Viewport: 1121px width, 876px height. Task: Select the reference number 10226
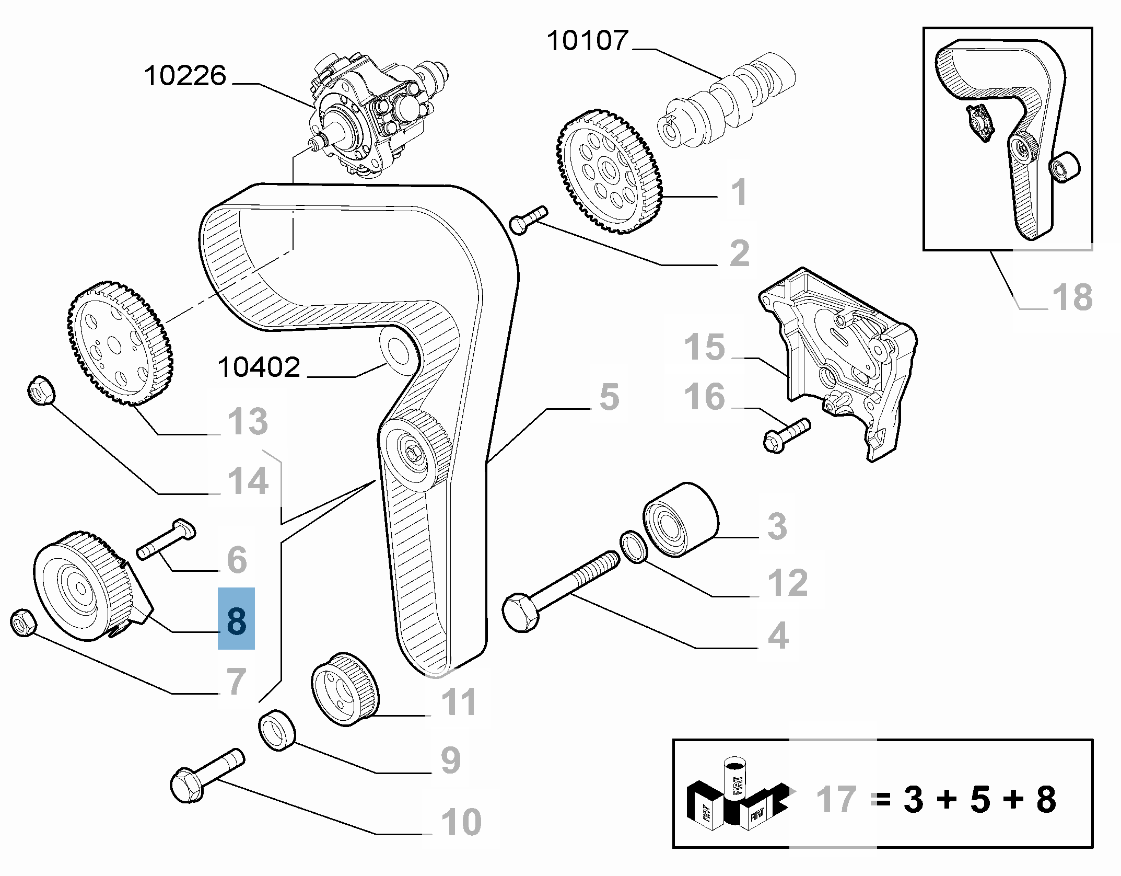pyautogui.click(x=185, y=76)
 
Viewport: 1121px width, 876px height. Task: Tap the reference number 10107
pyautogui.click(x=587, y=40)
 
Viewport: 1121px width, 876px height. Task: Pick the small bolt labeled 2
pyautogui.click(x=528, y=225)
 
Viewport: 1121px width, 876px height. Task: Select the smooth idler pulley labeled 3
pyautogui.click(x=680, y=520)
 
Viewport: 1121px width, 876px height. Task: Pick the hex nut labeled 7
pyautogui.click(x=23, y=622)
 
